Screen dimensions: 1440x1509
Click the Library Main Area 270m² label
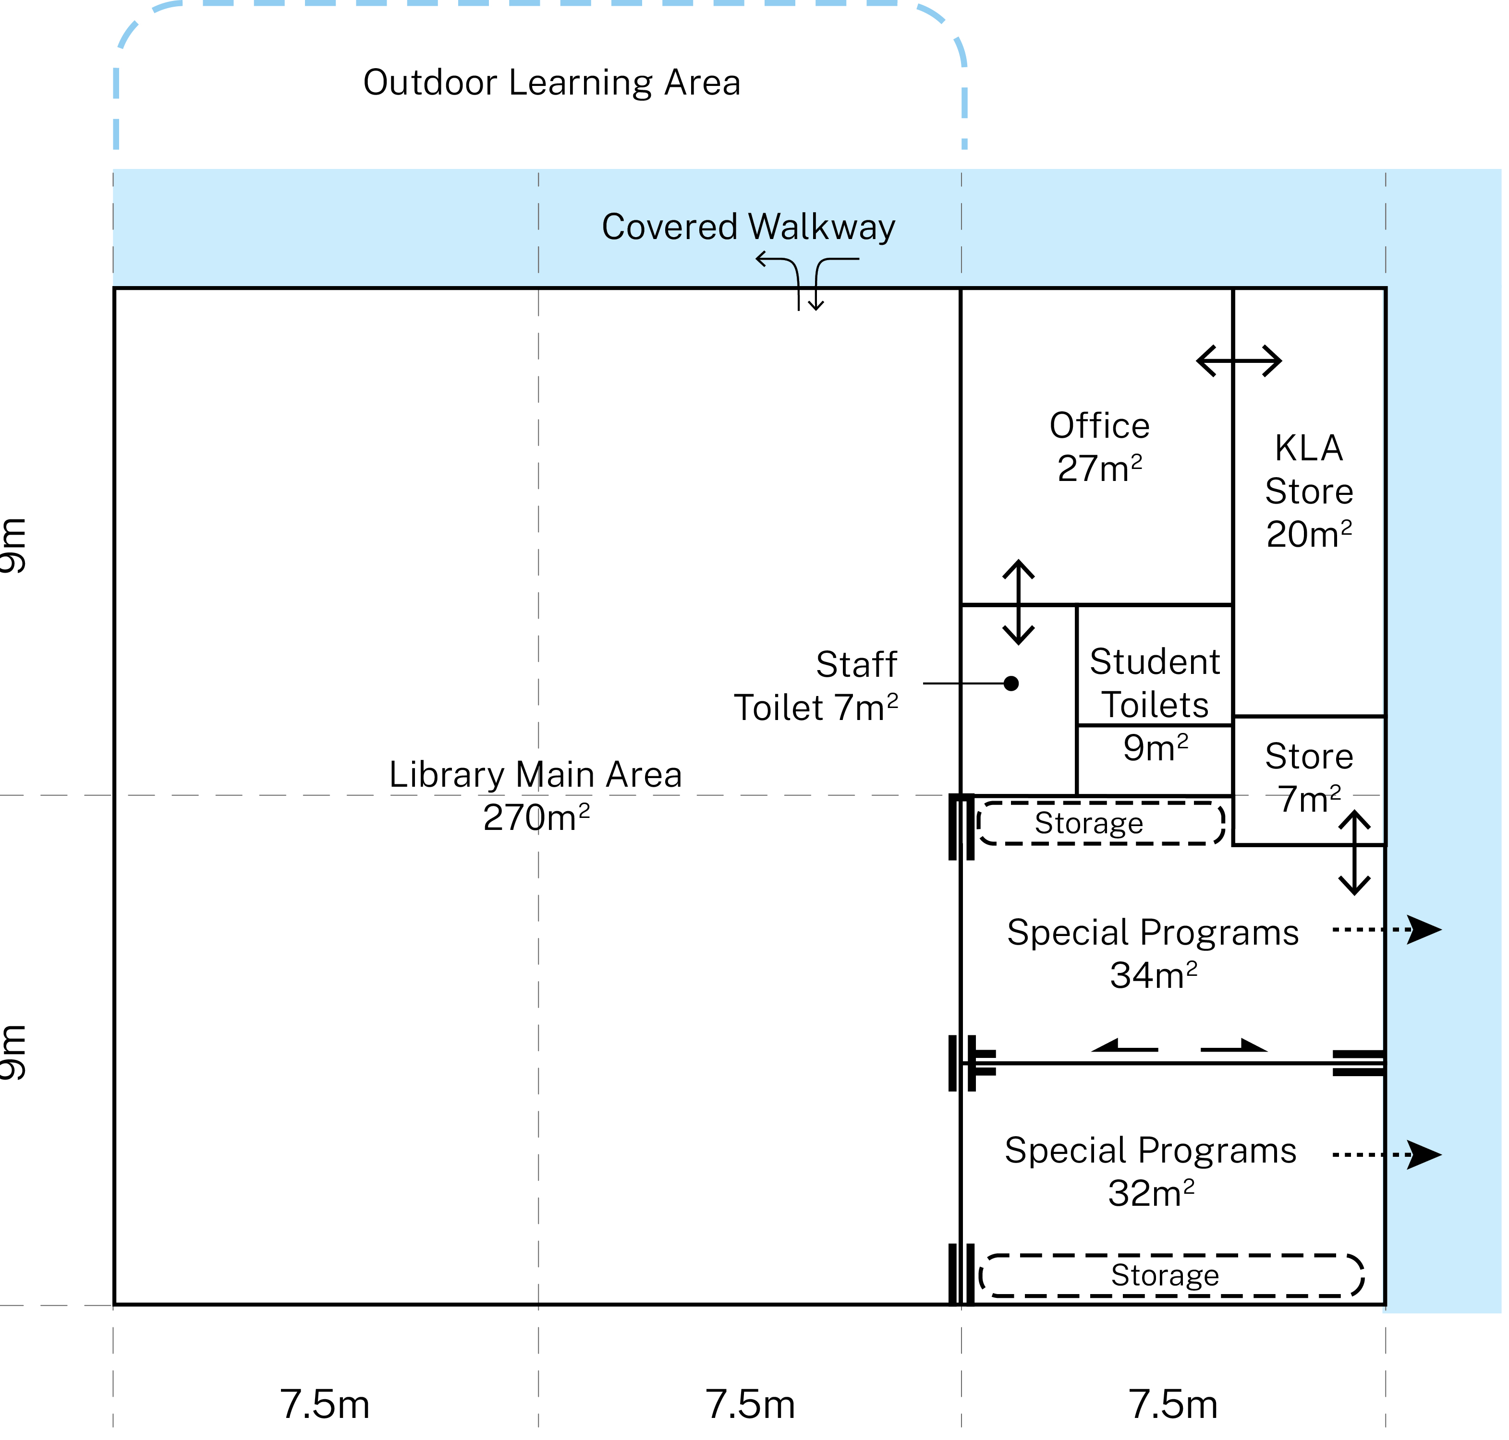point(535,796)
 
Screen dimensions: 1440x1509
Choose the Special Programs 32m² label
point(1150,1171)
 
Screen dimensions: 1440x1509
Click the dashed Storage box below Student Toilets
point(1100,824)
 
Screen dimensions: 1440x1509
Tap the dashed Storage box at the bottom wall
point(1171,1275)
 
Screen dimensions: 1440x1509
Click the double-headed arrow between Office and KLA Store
point(1238,361)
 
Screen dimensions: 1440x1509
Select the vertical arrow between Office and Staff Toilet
point(1018,602)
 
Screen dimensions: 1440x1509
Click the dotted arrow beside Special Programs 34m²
point(1386,930)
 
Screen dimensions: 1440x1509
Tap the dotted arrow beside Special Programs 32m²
point(1386,1154)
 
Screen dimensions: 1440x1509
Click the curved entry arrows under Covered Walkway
point(806,281)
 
